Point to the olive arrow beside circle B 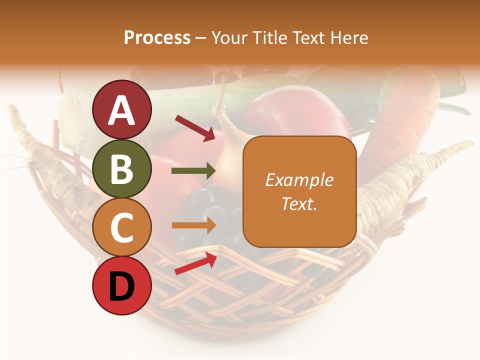coord(193,171)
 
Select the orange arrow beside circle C coord(193,225)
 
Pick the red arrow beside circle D coord(195,263)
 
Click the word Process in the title coord(157,38)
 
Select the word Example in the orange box coord(299,180)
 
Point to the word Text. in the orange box coord(299,203)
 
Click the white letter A coord(122,110)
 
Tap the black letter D coord(122,286)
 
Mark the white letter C coord(122,227)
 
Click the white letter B coord(122,168)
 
